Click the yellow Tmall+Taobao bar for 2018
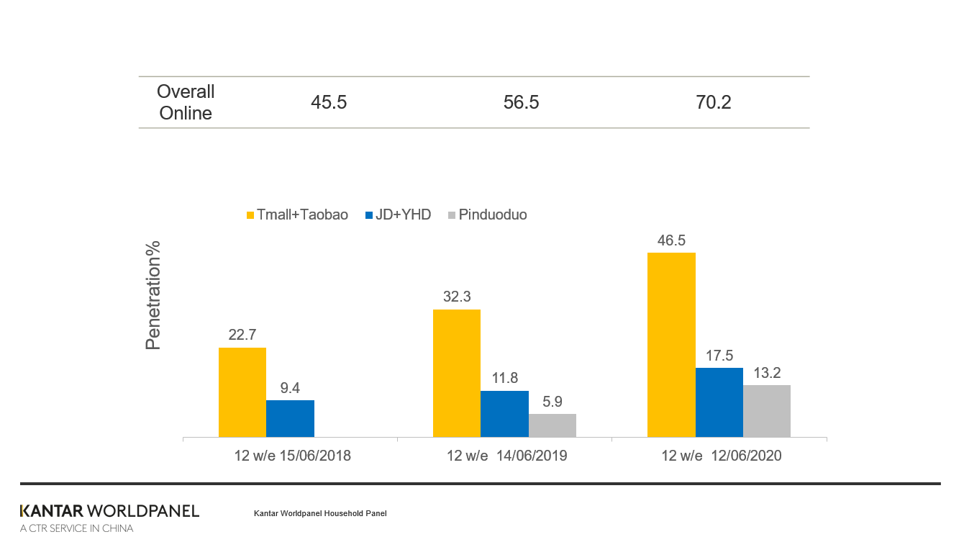[242, 392]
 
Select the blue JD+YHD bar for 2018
[290, 418]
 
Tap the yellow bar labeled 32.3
[457, 373]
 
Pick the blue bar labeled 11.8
[504, 414]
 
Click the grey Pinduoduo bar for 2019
[553, 425]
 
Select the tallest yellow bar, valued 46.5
[671, 345]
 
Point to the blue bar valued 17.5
[719, 402]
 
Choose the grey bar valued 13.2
[767, 411]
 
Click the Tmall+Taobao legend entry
[297, 215]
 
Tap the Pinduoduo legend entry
[487, 215]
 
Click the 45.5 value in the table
[329, 102]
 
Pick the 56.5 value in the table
[522, 102]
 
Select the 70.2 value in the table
[713, 102]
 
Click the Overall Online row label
[186, 102]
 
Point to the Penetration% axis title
[153, 295]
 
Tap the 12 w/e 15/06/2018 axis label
[292, 456]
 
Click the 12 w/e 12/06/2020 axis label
[721, 456]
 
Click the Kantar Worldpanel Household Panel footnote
[320, 513]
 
